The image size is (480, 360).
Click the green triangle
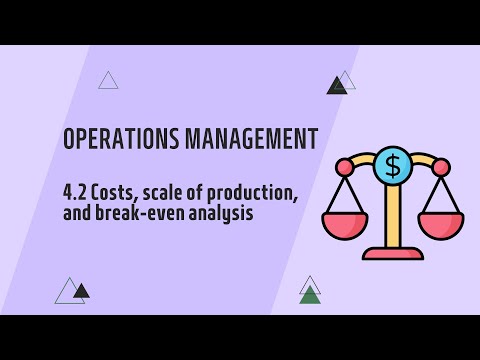pyautogui.click(x=310, y=295)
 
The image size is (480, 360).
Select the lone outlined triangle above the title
pyautogui.click(x=108, y=81)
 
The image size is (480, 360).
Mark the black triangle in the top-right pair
pyautogui.click(x=336, y=87)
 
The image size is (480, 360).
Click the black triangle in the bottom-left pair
pyautogui.click(x=81, y=292)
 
